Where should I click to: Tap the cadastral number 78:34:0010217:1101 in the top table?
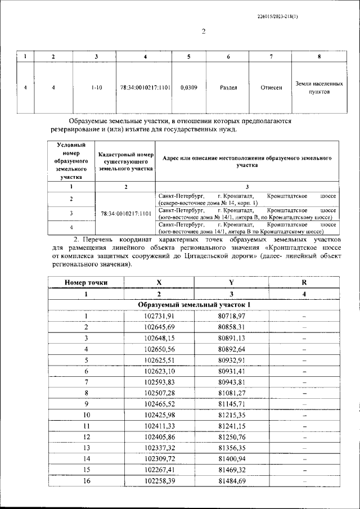point(145,88)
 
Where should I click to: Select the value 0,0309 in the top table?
point(188,88)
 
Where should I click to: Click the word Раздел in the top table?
point(228,88)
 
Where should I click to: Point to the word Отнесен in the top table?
point(271,88)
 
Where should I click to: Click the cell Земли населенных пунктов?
point(319,87)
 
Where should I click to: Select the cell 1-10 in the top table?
point(96,88)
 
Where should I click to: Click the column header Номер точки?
point(86,283)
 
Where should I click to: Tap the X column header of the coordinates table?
point(159,283)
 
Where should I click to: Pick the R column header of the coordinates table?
point(304,283)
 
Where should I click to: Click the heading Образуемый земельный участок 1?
point(195,305)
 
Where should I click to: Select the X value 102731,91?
point(159,316)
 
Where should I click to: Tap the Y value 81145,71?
point(232,404)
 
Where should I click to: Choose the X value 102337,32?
point(159,448)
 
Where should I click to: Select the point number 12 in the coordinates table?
point(86,436)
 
